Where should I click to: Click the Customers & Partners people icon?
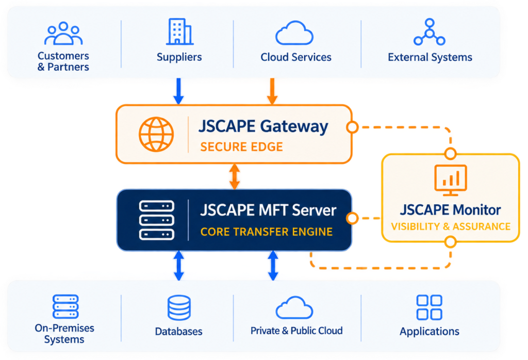(x=63, y=34)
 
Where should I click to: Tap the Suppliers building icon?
(x=179, y=31)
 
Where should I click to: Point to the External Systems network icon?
(x=430, y=32)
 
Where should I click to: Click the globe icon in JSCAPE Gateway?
(x=156, y=134)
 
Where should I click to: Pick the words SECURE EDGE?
(x=241, y=147)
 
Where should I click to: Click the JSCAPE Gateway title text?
(x=263, y=127)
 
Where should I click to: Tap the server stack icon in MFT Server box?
(x=157, y=220)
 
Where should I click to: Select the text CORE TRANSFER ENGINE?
(x=267, y=232)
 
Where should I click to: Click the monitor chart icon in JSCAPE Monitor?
(x=451, y=180)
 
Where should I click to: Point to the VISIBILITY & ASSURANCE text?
(x=451, y=226)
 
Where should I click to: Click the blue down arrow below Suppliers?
(x=178, y=91)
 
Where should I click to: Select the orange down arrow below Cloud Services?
(x=272, y=91)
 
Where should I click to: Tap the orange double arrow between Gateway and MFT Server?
(x=235, y=176)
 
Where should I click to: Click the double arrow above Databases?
(x=179, y=266)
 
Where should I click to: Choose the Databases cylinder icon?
(x=179, y=307)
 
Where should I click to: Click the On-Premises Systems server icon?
(x=65, y=306)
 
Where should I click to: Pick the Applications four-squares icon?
(x=430, y=307)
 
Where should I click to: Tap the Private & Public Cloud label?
(x=296, y=331)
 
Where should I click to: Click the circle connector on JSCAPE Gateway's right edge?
(x=352, y=127)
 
